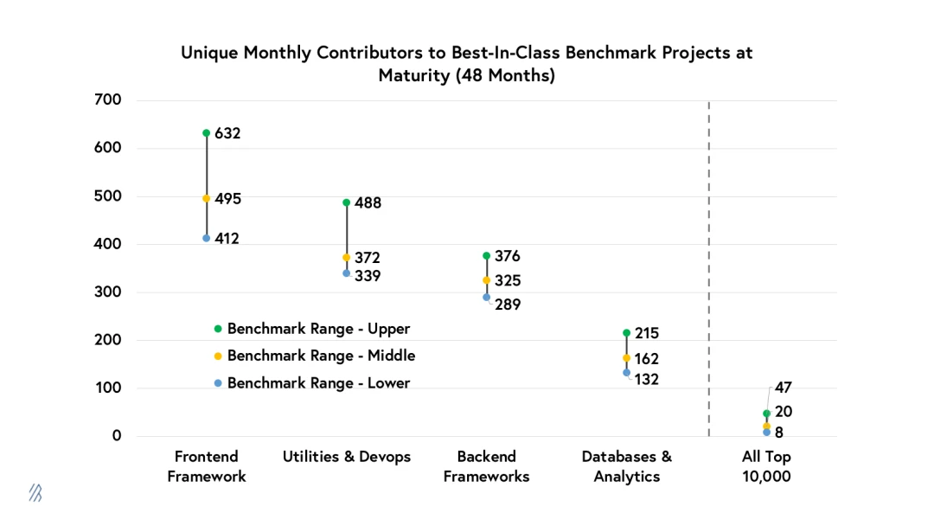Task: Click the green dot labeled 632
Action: coord(207,133)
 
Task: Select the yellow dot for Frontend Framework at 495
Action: coord(207,198)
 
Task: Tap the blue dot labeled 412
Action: coord(207,238)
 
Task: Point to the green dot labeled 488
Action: coord(347,202)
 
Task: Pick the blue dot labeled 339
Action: coord(347,273)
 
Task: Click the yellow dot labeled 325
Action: coord(487,280)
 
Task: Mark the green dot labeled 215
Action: coord(627,333)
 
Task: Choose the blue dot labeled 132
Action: coord(627,373)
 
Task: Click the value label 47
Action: coord(783,388)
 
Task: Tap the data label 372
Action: coord(368,258)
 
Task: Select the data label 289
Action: coord(508,305)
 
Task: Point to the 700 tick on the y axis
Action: coord(108,100)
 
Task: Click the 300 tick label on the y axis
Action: coord(108,292)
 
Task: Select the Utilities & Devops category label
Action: coord(347,457)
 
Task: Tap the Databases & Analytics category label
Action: coord(627,466)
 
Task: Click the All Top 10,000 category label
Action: coord(766,466)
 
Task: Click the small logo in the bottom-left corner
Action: coord(35,493)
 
